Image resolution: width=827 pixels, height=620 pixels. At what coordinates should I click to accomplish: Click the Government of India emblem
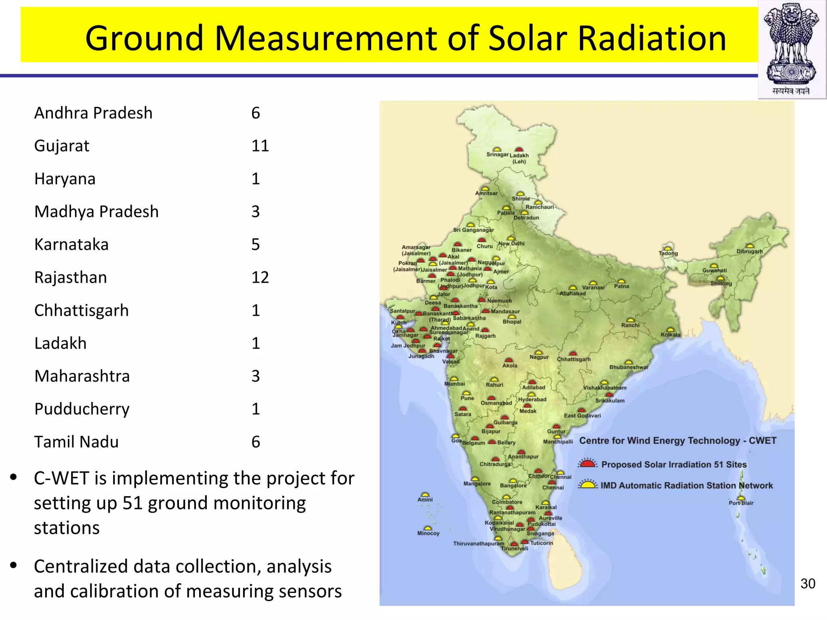click(791, 48)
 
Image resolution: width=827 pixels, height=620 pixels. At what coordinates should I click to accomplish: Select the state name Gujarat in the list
click(62, 146)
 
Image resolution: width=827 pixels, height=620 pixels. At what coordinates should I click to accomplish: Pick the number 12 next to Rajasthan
click(260, 277)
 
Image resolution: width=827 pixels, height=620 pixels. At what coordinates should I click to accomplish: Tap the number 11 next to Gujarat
click(260, 146)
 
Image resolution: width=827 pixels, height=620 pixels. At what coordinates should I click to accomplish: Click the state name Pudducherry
click(82, 409)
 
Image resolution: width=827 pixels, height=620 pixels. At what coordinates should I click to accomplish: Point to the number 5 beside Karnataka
click(256, 244)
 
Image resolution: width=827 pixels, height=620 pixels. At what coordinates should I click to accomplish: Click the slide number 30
click(808, 584)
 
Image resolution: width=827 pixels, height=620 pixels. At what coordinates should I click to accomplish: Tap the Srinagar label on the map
click(497, 154)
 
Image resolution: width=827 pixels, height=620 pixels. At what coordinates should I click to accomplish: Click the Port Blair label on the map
click(741, 503)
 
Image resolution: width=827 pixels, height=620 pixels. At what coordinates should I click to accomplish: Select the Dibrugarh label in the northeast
click(749, 251)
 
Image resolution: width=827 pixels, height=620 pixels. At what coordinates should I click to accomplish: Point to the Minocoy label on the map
click(428, 533)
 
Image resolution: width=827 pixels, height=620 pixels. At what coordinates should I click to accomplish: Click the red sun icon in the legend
click(587, 463)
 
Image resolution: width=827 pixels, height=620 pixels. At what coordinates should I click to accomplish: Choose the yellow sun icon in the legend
click(587, 484)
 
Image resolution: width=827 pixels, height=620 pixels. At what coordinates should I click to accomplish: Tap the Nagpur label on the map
click(539, 357)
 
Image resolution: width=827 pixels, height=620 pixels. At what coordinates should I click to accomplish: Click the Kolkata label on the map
click(670, 334)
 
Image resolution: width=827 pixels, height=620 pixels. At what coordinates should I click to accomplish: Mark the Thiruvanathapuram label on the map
click(479, 544)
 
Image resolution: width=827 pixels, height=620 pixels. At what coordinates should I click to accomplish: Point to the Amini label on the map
click(425, 499)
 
